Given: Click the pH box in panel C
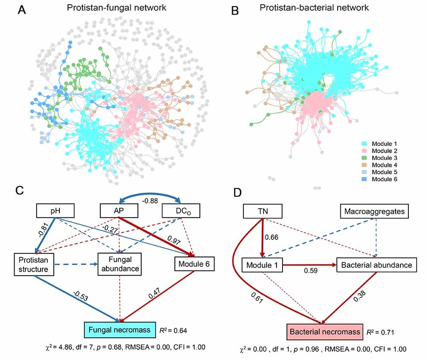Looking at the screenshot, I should point(55,211).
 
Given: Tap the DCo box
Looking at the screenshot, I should point(179,211).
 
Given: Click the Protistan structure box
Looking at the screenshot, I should point(34,264).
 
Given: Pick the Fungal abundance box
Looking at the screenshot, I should point(120,264).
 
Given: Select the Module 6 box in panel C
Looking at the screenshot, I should point(194,264).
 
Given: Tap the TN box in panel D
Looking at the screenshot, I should point(262,211).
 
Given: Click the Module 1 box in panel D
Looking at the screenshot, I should point(262,265).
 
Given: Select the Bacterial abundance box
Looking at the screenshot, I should point(377,265).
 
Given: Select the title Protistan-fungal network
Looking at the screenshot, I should point(114,8).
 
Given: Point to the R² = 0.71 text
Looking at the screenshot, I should point(380,333).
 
